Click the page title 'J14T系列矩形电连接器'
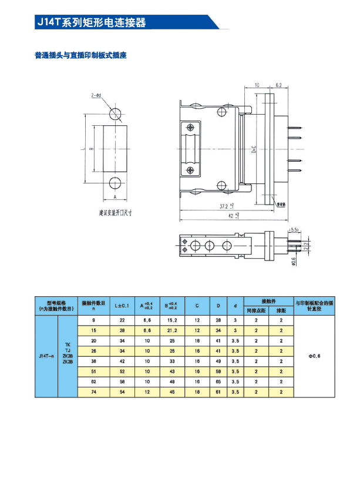pyautogui.click(x=91, y=22)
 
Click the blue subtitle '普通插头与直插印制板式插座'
pyautogui.click(x=80, y=56)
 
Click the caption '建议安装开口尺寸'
pyautogui.click(x=116, y=212)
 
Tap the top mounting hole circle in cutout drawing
pyautogui.click(x=116, y=113)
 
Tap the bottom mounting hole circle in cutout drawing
pyautogui.click(x=116, y=182)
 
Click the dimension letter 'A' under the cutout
pyautogui.click(x=116, y=197)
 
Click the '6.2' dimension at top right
pyautogui.click(x=278, y=85)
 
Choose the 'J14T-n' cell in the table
pyautogui.click(x=46, y=356)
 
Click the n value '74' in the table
pyautogui.click(x=93, y=392)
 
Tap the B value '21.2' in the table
pyautogui.click(x=172, y=330)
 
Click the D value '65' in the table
pyautogui.click(x=218, y=382)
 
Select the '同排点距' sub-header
pyautogui.click(x=256, y=310)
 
